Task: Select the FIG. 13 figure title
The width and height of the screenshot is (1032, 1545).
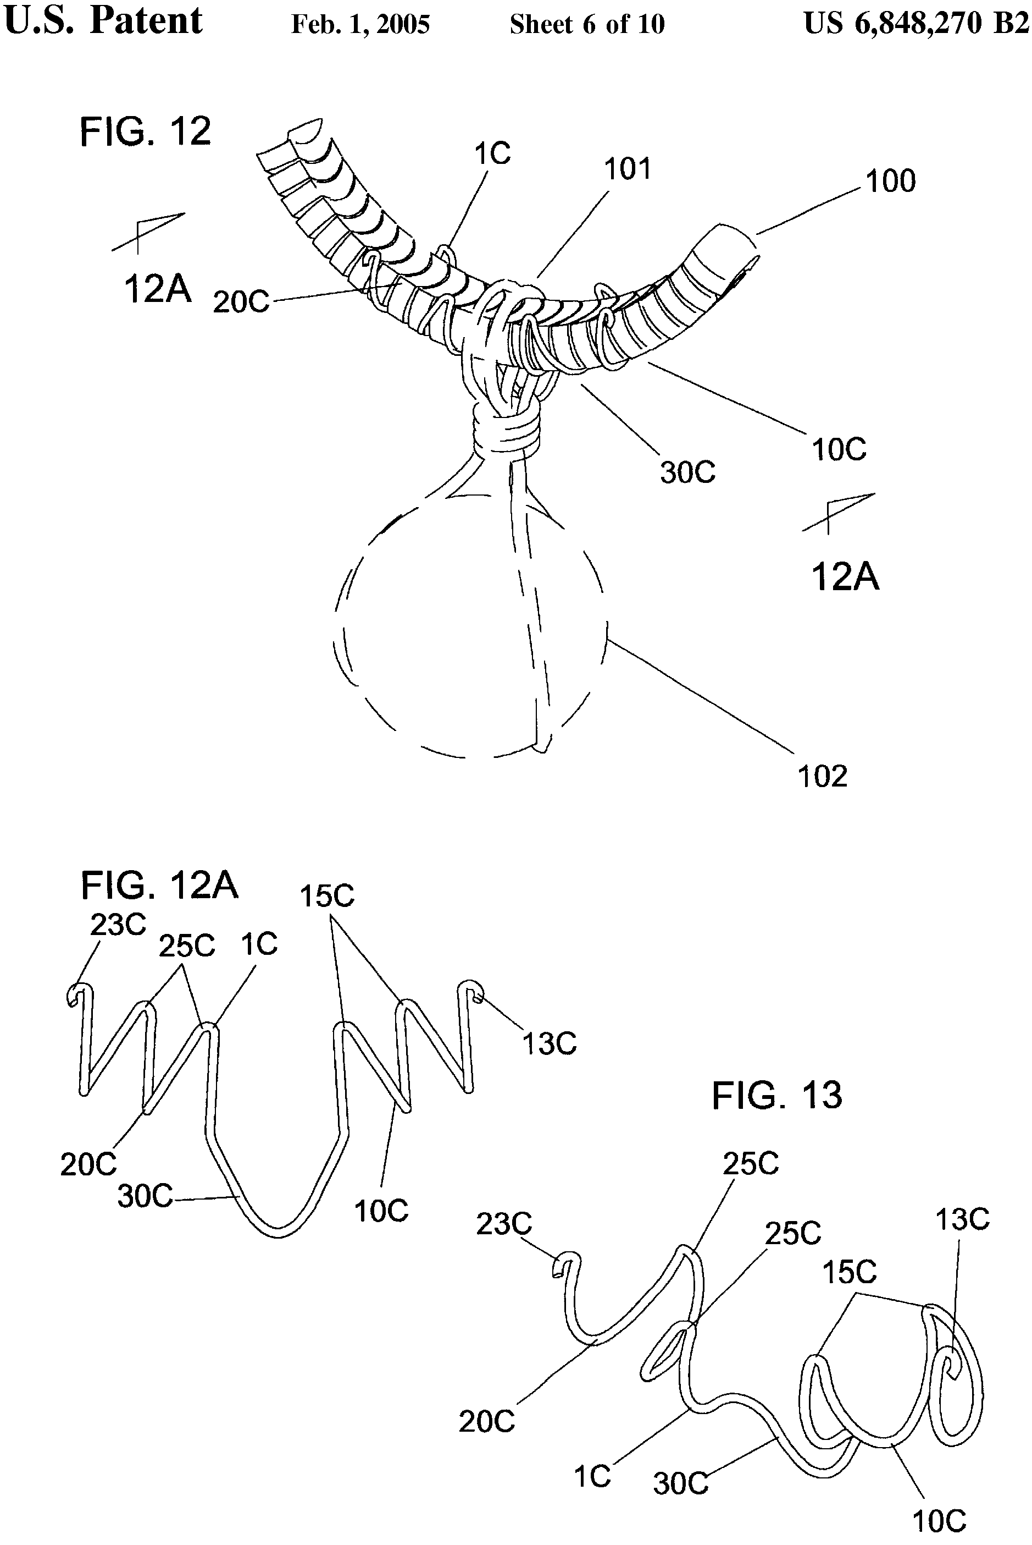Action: [x=776, y=1096]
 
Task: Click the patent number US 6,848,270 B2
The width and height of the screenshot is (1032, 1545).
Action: [x=916, y=24]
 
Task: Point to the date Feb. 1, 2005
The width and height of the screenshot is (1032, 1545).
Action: [x=360, y=25]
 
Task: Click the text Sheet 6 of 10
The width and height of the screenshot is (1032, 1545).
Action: [x=587, y=25]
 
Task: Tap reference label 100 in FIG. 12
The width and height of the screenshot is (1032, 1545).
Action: [x=890, y=181]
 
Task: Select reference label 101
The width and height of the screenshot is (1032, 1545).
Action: [x=627, y=169]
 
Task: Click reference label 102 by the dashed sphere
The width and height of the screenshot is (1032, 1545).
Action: [x=822, y=777]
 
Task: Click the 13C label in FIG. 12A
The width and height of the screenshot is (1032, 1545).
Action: [x=549, y=1043]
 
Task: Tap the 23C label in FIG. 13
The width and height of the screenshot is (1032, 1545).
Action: [x=503, y=1224]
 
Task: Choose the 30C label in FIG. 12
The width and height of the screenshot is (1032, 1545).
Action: [x=688, y=472]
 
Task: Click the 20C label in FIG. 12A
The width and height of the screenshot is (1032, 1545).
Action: [x=88, y=1165]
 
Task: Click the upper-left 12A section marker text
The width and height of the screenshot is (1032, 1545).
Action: [x=157, y=289]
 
